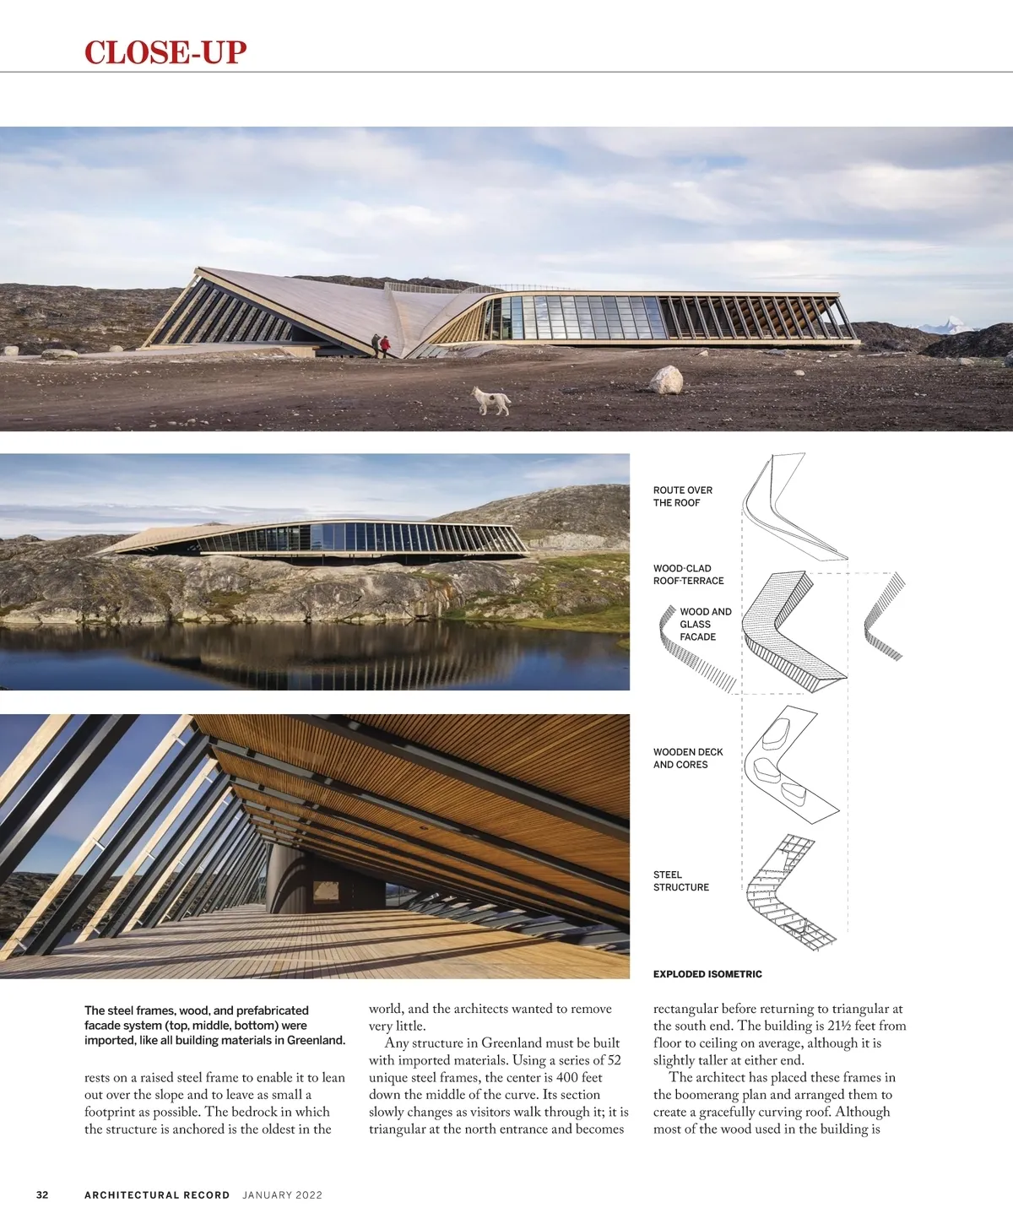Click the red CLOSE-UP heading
pos(165,52)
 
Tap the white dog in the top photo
pos(491,400)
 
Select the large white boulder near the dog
pos(666,380)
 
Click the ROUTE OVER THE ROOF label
pos(682,496)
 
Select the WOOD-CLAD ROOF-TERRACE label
pos(688,575)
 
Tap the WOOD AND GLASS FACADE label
pos(705,624)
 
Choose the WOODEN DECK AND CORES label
pos(687,758)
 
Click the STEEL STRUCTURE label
pos(680,881)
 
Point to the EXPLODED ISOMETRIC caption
pos(707,974)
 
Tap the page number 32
pos(42,1194)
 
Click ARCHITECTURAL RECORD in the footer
pos(157,1195)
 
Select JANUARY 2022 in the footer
pos(282,1195)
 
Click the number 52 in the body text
pos(613,1060)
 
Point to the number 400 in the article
pos(568,1077)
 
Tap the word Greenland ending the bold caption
pos(316,1040)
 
